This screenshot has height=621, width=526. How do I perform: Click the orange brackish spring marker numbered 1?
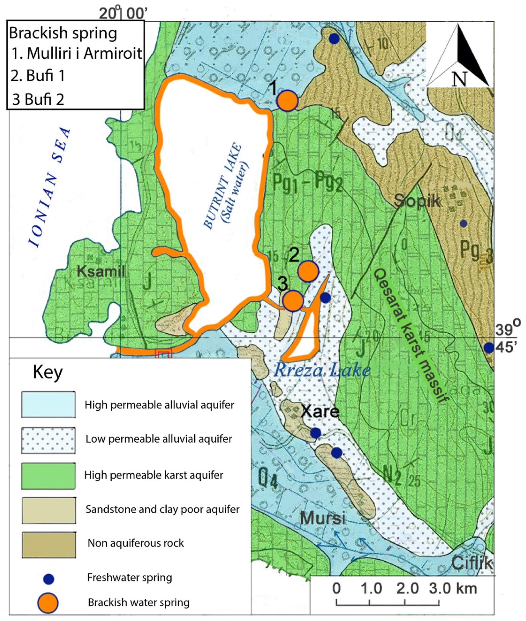(x=287, y=101)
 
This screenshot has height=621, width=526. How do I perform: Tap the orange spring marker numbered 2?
(x=308, y=271)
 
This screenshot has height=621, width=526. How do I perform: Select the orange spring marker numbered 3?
(x=293, y=301)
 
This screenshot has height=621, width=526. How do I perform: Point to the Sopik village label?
(x=417, y=201)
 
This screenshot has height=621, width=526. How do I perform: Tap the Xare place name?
(x=320, y=412)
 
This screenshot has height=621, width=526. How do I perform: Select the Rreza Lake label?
(x=322, y=370)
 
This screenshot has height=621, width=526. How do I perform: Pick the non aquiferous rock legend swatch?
(x=49, y=545)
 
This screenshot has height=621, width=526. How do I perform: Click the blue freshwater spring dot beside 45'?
(x=489, y=348)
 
